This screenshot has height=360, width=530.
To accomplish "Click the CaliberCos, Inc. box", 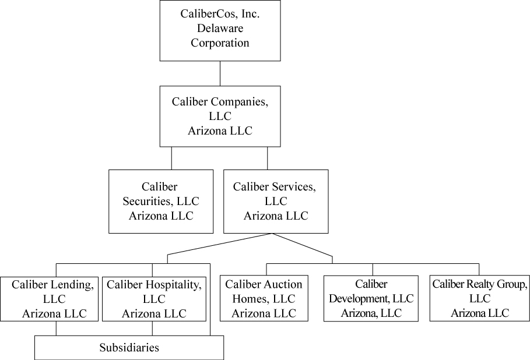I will point(220,30).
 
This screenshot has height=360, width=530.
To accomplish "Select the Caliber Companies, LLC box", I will point(220,116).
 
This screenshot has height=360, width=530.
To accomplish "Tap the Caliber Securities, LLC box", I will point(160,201).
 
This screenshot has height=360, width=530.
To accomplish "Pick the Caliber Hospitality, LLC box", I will point(154,299).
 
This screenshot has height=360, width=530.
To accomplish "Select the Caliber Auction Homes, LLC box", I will point(264,298).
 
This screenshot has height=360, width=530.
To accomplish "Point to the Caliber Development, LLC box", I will point(371,298).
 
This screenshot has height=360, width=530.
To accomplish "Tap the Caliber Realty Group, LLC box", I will point(479,298).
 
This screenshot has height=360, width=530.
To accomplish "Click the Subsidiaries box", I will point(129,348).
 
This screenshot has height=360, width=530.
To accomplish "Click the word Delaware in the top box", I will point(220,28).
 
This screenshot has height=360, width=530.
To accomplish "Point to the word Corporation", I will point(220,43).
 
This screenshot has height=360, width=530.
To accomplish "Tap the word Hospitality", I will point(172,285).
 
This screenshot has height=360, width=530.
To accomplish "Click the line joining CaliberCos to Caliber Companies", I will point(220,73).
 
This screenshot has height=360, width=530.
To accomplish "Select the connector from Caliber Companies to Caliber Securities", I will point(171,158).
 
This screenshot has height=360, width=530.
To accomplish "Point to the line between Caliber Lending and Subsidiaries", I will point(56,329).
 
